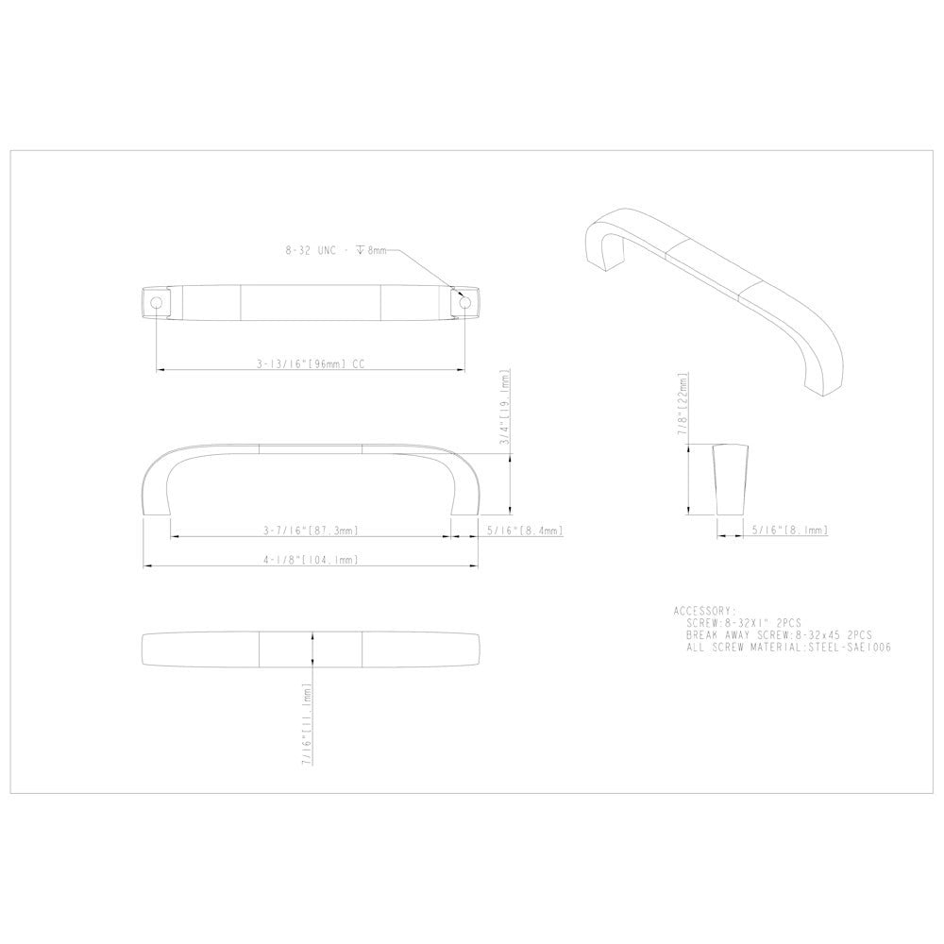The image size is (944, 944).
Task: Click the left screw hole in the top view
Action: (x=155, y=302)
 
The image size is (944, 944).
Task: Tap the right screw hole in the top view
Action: (x=464, y=302)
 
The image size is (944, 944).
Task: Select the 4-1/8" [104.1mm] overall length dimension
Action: (x=310, y=561)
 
